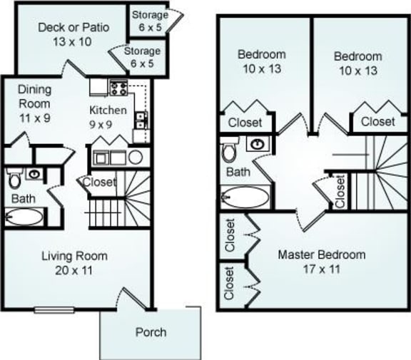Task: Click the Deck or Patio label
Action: coord(74,35)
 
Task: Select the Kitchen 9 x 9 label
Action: coord(108,117)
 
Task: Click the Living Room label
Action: coord(74,262)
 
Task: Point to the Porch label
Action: coord(151,331)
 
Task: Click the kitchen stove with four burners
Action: coord(118,89)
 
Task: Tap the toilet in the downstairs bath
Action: coord(14,176)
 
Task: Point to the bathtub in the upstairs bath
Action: coord(246,196)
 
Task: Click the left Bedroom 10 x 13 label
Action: coord(261,62)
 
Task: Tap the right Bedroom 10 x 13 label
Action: coord(358,63)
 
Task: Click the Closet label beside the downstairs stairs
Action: coord(99,182)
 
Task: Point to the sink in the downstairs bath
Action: coord(34,173)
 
